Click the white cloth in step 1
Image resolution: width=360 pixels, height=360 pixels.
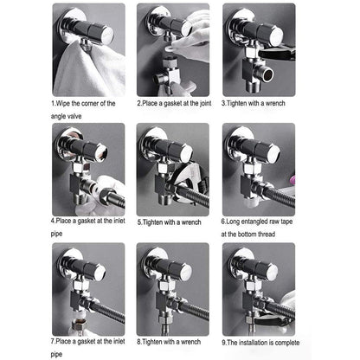(87, 72)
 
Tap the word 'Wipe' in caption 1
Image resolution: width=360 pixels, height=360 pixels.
(63, 103)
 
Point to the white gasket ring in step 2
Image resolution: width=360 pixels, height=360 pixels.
(170, 49)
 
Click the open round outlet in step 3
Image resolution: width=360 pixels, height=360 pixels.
(268, 74)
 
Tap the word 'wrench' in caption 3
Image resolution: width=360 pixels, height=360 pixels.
(275, 103)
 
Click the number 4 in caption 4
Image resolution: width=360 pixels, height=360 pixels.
(53, 221)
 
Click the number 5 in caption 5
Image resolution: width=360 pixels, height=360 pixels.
(139, 222)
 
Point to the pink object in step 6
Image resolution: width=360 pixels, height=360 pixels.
(292, 179)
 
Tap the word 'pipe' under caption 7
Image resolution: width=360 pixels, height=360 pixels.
(56, 354)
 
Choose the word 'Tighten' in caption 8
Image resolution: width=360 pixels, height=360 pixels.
(152, 342)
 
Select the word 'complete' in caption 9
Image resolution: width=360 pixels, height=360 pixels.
(287, 343)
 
